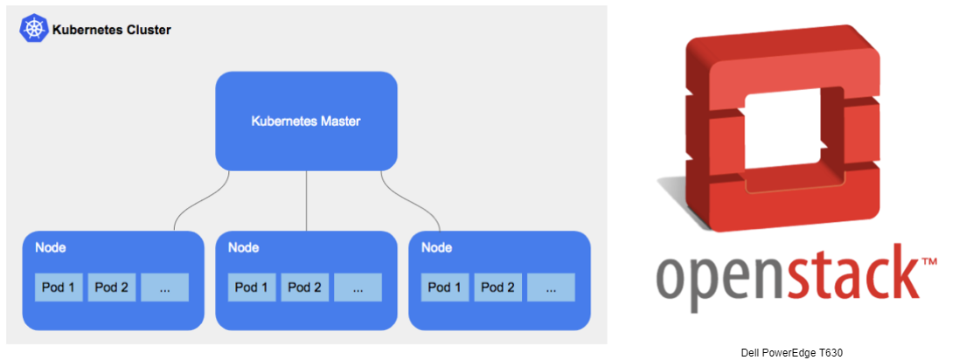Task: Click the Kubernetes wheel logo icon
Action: (34, 29)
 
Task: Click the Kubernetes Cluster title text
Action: (111, 30)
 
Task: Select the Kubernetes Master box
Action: (306, 121)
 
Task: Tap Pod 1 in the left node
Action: (59, 287)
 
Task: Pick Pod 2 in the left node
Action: (112, 287)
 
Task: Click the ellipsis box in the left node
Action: (165, 287)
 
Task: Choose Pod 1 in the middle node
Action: (252, 287)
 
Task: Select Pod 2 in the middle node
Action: (305, 287)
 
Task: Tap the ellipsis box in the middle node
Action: (358, 287)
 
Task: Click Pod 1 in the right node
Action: (445, 287)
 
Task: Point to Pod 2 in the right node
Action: (498, 287)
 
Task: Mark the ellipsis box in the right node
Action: (552, 287)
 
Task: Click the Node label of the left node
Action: (50, 247)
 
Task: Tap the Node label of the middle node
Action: (243, 247)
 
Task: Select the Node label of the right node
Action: (436, 247)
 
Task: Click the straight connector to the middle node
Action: (306, 200)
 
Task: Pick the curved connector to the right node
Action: (412, 203)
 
